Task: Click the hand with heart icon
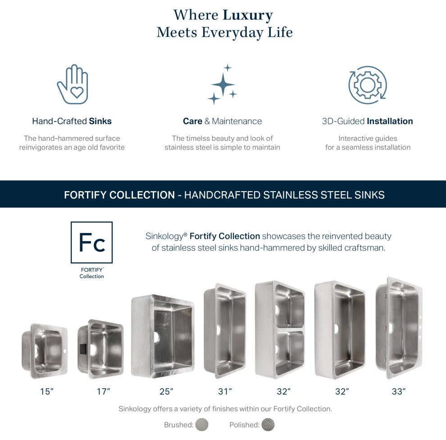point(73,85)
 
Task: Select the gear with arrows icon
point(368,85)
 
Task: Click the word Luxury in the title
point(248,15)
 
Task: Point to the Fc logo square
point(91,242)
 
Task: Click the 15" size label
point(47,391)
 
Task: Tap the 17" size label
point(103,391)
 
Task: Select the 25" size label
point(166,391)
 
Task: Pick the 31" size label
point(225,391)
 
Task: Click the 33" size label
point(399,391)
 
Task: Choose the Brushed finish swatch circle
point(202,425)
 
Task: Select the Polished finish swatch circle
point(268,425)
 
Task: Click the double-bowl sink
point(280,329)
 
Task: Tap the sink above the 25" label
point(163,337)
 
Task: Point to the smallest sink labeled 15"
point(44,350)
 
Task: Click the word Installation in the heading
point(390,121)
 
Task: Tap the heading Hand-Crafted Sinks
point(72,121)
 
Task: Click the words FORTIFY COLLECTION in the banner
point(119,195)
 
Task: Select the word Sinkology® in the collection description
point(166,236)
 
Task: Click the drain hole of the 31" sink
point(218,330)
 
